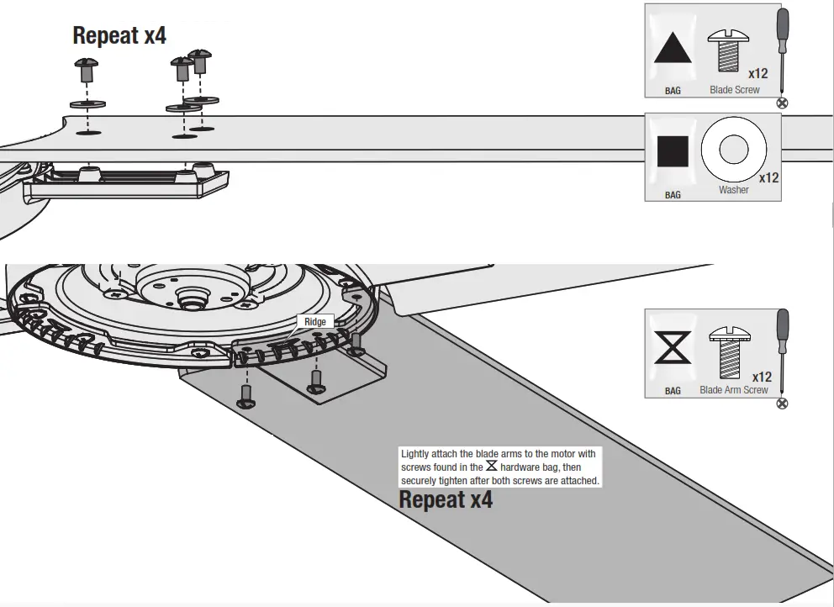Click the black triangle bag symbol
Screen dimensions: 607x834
tap(673, 50)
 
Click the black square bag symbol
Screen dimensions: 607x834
tap(673, 151)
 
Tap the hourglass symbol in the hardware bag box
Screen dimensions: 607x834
tap(673, 347)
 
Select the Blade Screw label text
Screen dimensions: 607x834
tap(734, 90)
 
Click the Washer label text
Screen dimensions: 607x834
tap(733, 190)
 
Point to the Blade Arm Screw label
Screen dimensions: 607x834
tap(733, 390)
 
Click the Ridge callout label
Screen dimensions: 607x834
tap(315, 321)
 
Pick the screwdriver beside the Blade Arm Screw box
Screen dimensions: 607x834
tap(782, 353)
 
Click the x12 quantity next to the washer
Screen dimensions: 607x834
tap(768, 178)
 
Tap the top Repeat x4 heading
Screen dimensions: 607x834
tap(119, 35)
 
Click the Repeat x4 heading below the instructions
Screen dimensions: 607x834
tap(446, 499)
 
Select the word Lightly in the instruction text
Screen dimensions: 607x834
tap(418, 454)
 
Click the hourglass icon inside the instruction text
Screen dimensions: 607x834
tap(491, 467)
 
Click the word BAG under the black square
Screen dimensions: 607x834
tap(673, 195)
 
